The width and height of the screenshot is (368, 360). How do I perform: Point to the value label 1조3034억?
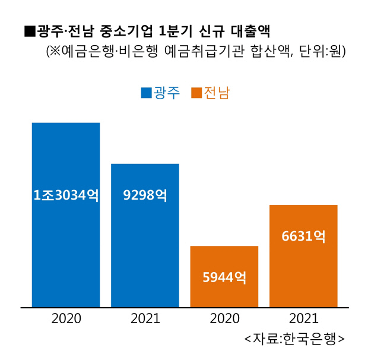tap(66, 195)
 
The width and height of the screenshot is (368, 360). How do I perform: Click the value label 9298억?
tap(145, 195)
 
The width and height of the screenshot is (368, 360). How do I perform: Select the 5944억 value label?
tap(224, 277)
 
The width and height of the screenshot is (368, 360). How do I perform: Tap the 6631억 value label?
tap(303, 236)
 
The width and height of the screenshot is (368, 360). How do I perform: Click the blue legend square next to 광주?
tap(146, 93)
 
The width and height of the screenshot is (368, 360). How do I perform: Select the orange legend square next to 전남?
tap(196, 93)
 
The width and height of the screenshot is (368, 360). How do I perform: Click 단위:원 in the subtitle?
tap(322, 52)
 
